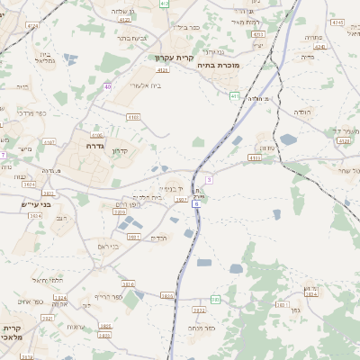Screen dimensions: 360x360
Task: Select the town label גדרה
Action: coord(96,145)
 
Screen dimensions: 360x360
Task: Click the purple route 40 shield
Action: coord(107,86)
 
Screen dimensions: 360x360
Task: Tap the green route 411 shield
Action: coord(235,95)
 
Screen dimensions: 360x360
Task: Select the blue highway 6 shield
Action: coord(195,204)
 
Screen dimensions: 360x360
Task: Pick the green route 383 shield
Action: coord(215,299)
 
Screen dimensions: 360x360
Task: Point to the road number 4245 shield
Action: coord(337,21)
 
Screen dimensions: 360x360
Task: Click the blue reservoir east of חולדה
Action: coord(288,139)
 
